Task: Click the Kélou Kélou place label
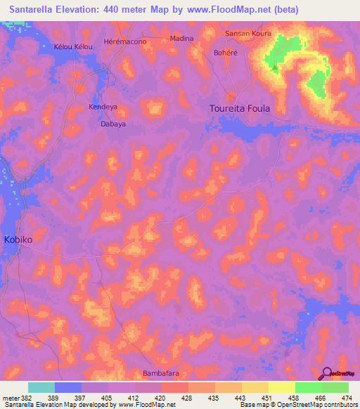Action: [x=73, y=46]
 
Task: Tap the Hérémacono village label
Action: [x=124, y=42]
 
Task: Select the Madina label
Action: [x=181, y=39]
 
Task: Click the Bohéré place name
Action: [x=225, y=52]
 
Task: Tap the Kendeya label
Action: [x=103, y=108]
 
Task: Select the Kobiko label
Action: [x=18, y=240]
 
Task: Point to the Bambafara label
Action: [x=162, y=372]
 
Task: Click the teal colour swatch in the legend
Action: [x=41, y=387]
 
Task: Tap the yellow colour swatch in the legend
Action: [x=281, y=387]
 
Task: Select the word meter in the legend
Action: [x=10, y=398]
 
